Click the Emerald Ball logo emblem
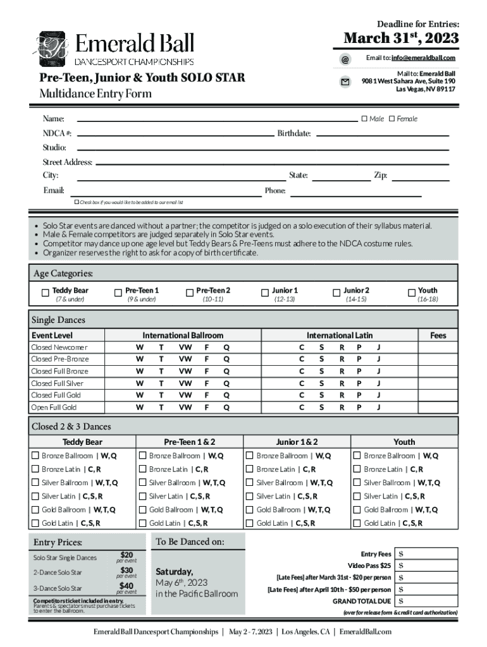pos(52,49)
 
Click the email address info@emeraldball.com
pos(423,58)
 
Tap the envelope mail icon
pos(345,82)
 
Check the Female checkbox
pos(391,119)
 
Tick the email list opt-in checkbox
pos(77,202)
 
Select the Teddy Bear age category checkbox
pos(45,293)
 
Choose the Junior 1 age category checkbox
pos(265,293)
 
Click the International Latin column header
pos(340,336)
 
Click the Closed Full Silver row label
pos(57,384)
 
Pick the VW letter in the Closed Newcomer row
pos(185,348)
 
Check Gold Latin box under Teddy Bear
pos(35,523)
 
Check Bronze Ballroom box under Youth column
pos(357,456)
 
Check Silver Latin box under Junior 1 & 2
pos(250,496)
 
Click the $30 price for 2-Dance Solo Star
pos(126,570)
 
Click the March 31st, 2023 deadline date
pos(401,39)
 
